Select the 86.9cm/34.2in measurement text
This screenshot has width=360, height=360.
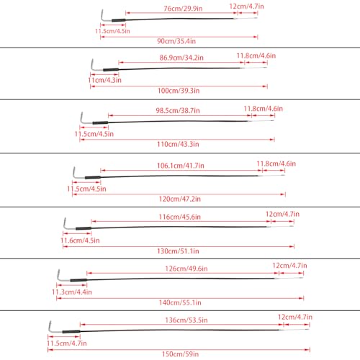[181, 56]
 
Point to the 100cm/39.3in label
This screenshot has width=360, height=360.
[179, 91]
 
